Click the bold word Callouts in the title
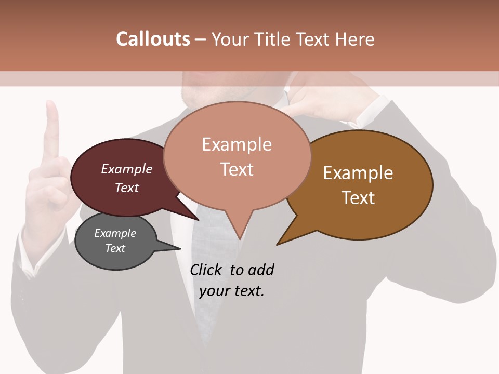(153, 39)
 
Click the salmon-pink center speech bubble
(237, 156)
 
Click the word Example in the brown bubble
(358, 173)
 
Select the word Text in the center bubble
(237, 169)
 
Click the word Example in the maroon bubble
(127, 169)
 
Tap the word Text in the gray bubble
(115, 248)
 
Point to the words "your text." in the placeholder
(232, 291)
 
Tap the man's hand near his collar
(317, 101)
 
